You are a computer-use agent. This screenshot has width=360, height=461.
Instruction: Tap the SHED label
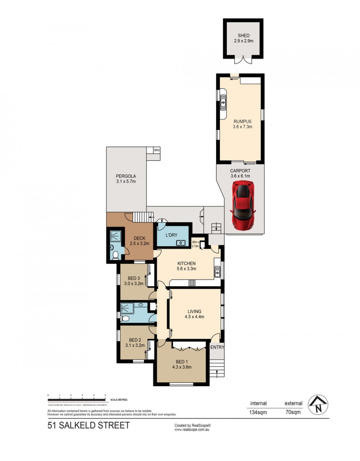click(243, 36)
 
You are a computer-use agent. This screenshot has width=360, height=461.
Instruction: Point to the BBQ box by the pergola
click(157, 150)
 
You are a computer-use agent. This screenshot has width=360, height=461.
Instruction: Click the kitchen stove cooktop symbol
click(192, 283)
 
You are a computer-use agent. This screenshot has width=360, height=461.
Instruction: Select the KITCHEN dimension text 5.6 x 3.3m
click(186, 269)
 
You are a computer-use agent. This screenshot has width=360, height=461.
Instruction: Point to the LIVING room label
click(194, 311)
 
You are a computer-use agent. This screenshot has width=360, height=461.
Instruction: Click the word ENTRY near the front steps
click(217, 347)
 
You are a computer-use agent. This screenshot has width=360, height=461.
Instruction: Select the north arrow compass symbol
click(318, 405)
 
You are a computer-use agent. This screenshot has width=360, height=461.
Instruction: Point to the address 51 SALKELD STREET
click(88, 425)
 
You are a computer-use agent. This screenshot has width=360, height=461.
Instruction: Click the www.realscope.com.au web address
click(192, 430)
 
